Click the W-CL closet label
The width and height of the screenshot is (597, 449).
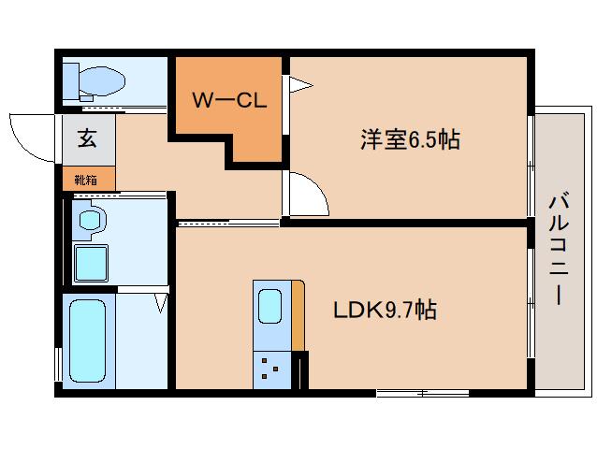point(230,100)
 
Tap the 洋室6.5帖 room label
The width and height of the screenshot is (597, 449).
point(410,140)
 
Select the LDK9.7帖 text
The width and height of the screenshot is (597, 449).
point(386,310)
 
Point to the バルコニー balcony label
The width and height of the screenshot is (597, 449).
point(559,247)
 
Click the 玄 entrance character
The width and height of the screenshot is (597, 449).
point(87,139)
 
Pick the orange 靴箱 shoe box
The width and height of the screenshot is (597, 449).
point(89,178)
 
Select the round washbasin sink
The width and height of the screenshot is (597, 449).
point(91,221)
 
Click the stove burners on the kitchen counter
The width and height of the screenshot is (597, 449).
point(270,367)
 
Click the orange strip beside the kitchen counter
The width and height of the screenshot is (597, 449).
point(298,314)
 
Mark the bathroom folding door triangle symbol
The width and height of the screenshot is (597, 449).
point(160,302)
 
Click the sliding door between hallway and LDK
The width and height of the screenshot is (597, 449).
point(227,223)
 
